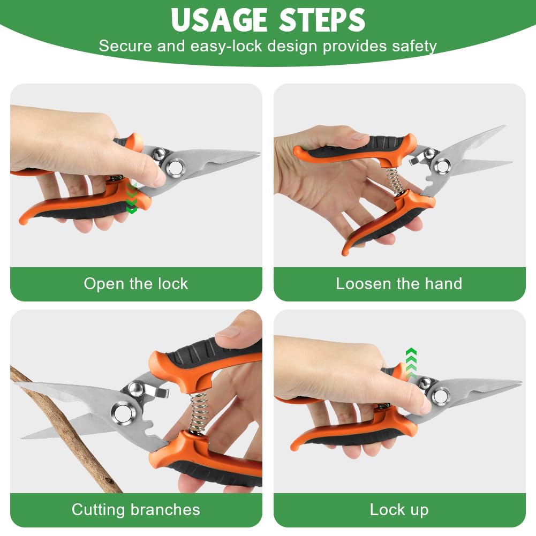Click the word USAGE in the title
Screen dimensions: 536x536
[219, 20]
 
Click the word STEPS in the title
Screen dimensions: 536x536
[322, 20]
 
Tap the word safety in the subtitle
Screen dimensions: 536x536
[414, 46]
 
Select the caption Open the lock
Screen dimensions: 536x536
[135, 284]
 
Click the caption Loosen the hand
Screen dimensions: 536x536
[399, 284]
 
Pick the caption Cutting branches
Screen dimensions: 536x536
[135, 510]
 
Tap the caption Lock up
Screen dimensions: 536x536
[399, 510]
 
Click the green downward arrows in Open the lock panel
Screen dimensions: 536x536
[132, 198]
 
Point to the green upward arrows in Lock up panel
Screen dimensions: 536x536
[411, 363]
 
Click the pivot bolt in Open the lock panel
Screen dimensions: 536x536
[175, 168]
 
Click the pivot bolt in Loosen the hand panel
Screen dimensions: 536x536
[442, 167]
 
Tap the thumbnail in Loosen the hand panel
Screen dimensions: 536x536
[359, 135]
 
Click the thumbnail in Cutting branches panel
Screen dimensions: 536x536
[228, 331]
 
